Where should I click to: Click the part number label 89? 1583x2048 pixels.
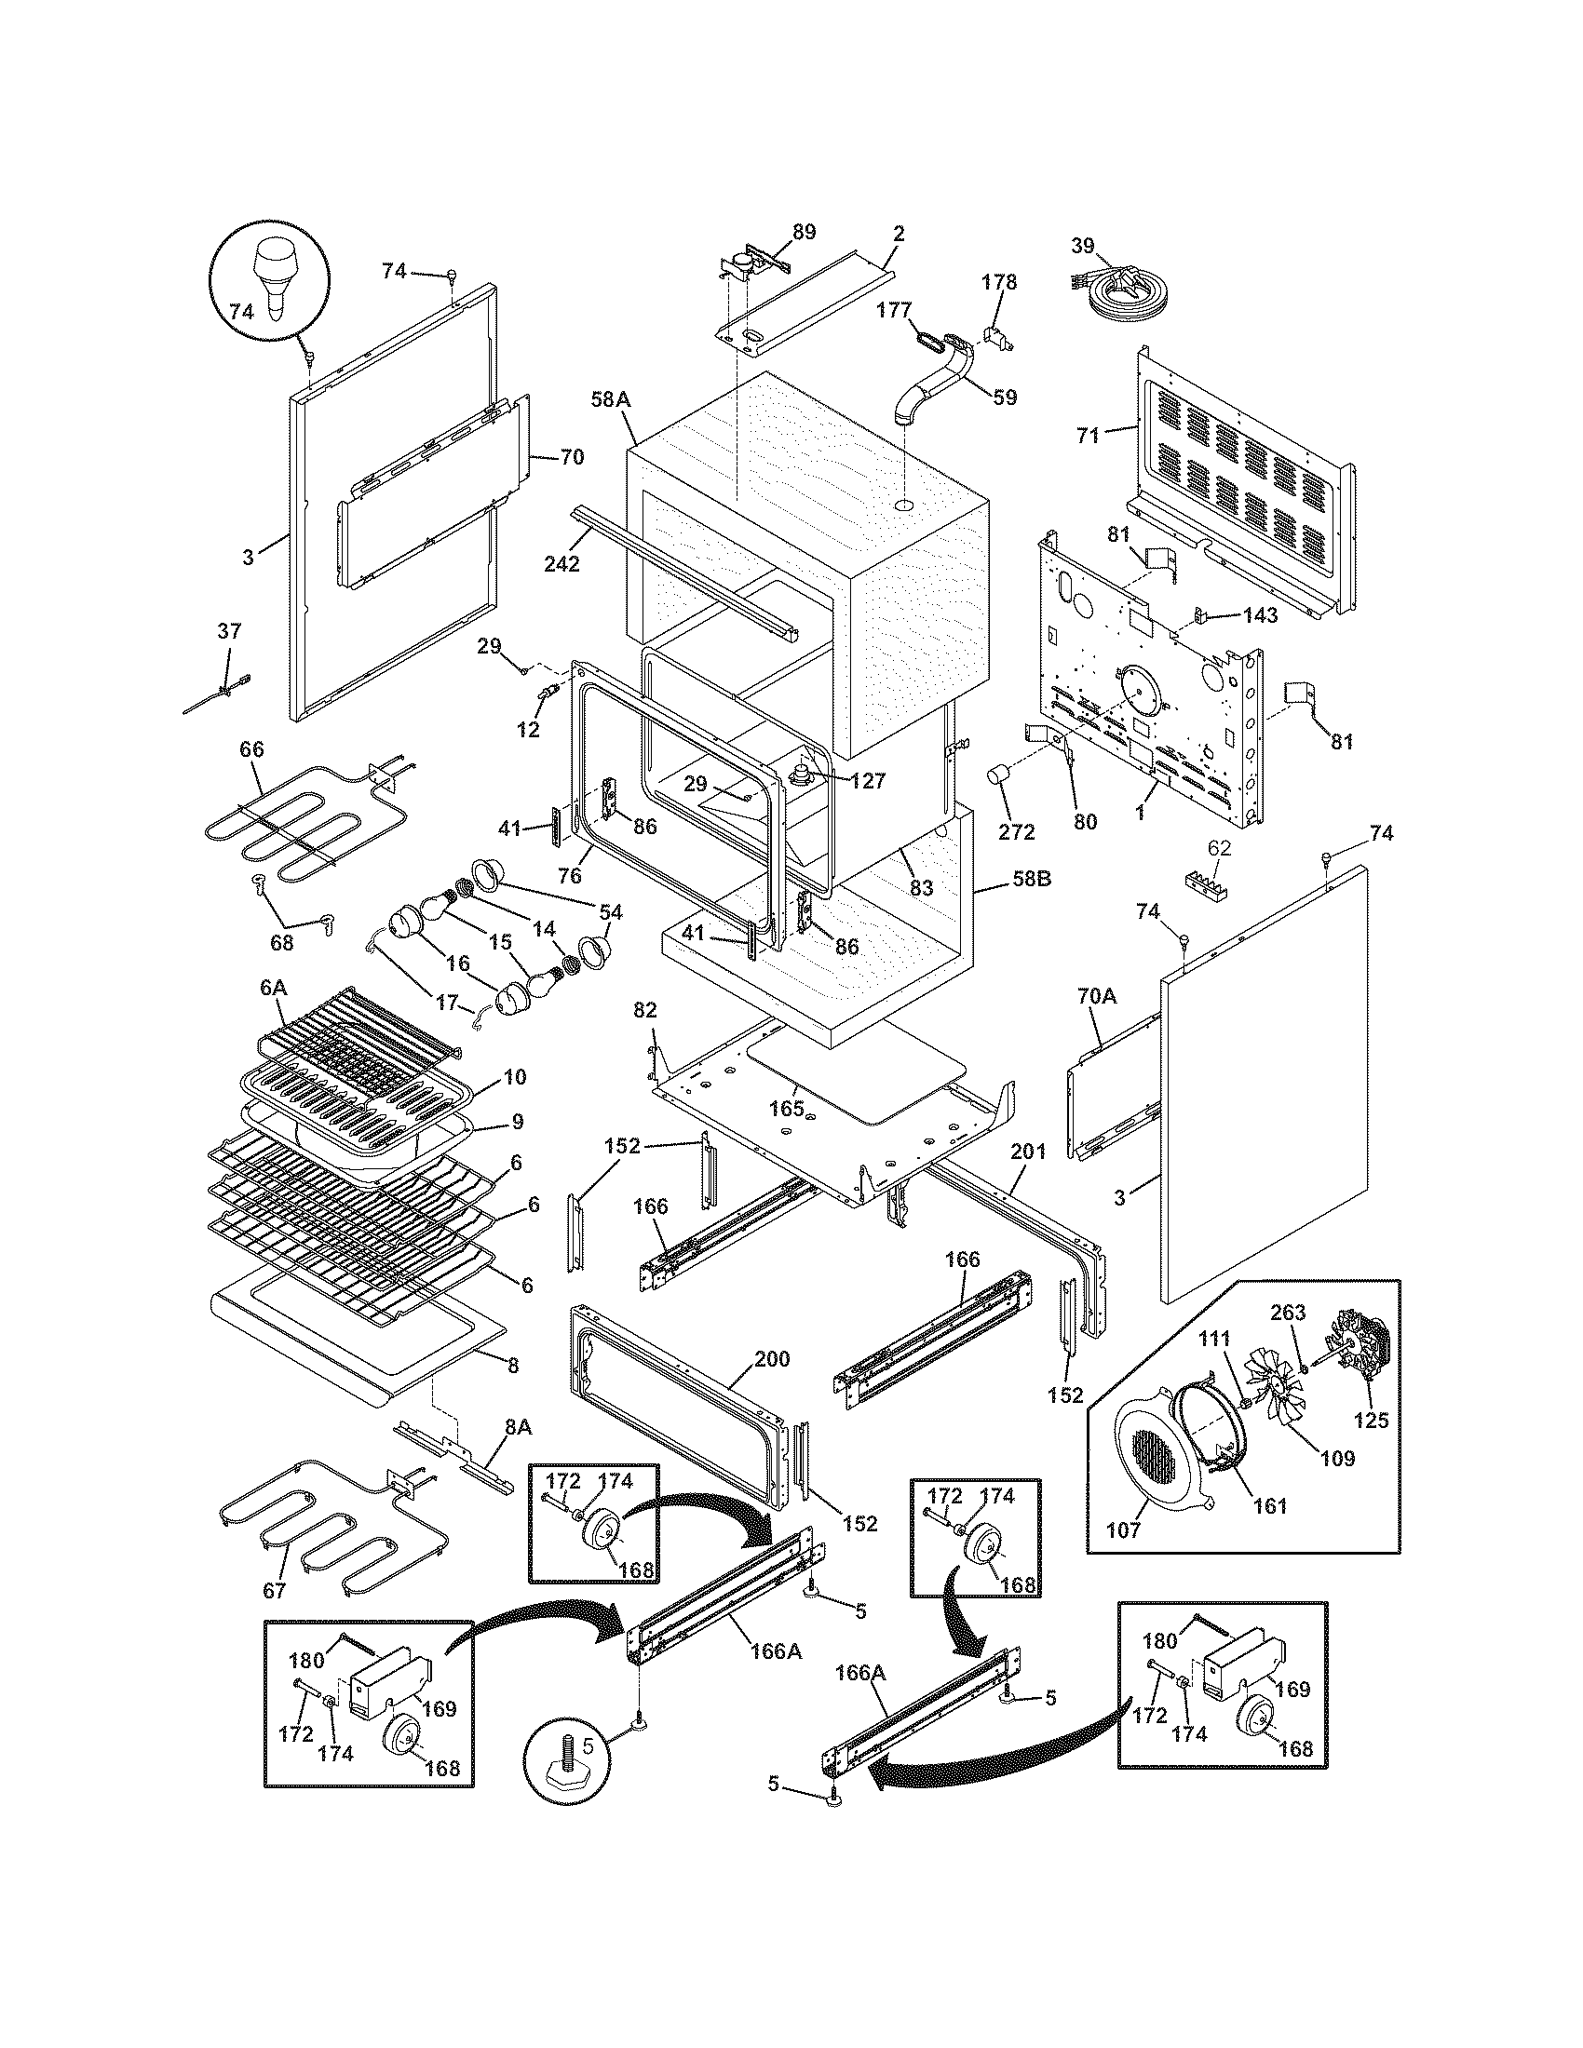804,232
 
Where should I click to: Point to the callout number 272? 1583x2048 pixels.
1017,830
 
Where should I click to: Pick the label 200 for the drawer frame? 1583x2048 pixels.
772,1359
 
